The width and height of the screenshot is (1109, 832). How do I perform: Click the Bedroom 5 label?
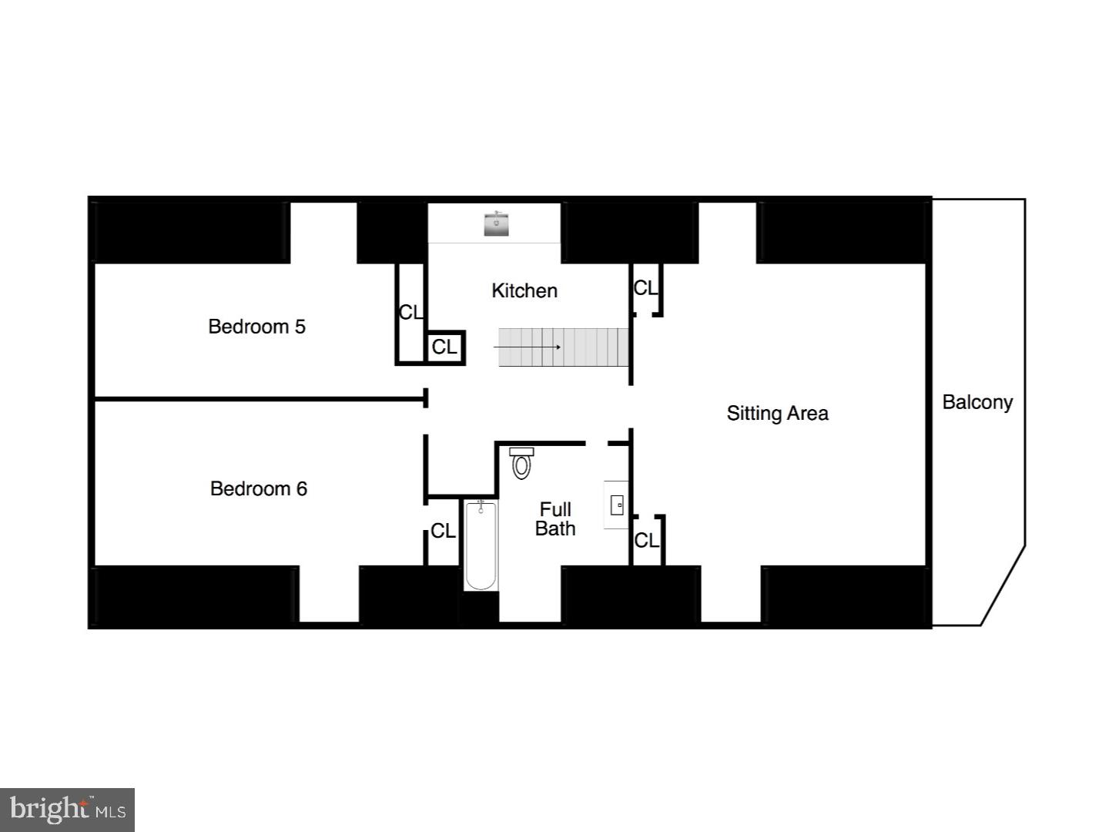point(256,327)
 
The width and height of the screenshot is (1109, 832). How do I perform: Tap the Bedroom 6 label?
point(258,488)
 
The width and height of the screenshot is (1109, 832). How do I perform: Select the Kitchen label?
point(524,290)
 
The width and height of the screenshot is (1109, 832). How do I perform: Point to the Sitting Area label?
point(777,413)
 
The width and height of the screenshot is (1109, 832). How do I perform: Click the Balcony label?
point(977,402)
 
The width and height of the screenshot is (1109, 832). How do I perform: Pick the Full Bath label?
point(555,518)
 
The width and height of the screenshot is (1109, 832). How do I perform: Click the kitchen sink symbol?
point(496,224)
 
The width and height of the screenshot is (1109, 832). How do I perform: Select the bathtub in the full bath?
point(481,545)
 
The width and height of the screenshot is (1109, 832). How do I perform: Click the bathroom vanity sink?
point(616,505)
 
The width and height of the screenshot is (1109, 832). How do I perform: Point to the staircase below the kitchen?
point(564,347)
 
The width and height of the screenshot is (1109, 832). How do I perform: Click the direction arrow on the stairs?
point(527,347)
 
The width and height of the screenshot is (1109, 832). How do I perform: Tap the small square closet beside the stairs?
point(444,347)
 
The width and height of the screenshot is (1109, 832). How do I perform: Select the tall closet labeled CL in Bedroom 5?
point(410,312)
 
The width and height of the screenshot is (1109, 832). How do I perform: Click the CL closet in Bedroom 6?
point(443,531)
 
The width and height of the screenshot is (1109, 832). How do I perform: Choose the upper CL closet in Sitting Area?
point(645,288)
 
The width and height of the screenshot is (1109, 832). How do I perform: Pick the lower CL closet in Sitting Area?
point(646,540)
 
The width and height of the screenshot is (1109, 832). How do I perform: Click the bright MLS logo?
point(68,810)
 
